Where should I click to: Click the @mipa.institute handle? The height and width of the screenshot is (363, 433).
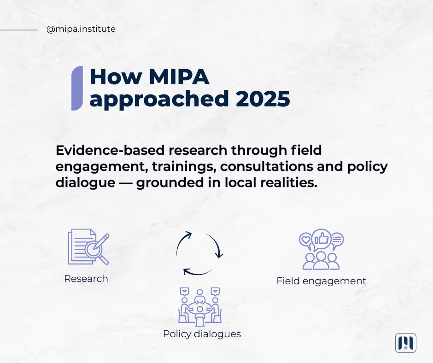[x=81, y=29]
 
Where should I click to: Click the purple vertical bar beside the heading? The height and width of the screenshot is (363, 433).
[x=77, y=88]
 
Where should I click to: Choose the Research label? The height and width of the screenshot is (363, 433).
[x=86, y=279]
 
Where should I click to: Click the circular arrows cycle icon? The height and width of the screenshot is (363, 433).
[x=199, y=254]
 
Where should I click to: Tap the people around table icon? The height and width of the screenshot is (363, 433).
[x=200, y=304]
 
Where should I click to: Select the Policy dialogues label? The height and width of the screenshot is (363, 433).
[x=202, y=334]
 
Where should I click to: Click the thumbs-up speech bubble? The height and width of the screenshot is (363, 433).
[x=321, y=239]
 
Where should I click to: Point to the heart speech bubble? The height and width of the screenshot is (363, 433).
[x=305, y=240]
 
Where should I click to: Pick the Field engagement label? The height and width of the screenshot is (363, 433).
[x=321, y=281]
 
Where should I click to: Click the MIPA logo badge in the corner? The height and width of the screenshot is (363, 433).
[x=405, y=343]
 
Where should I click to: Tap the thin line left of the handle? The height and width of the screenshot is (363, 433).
[x=19, y=29]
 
